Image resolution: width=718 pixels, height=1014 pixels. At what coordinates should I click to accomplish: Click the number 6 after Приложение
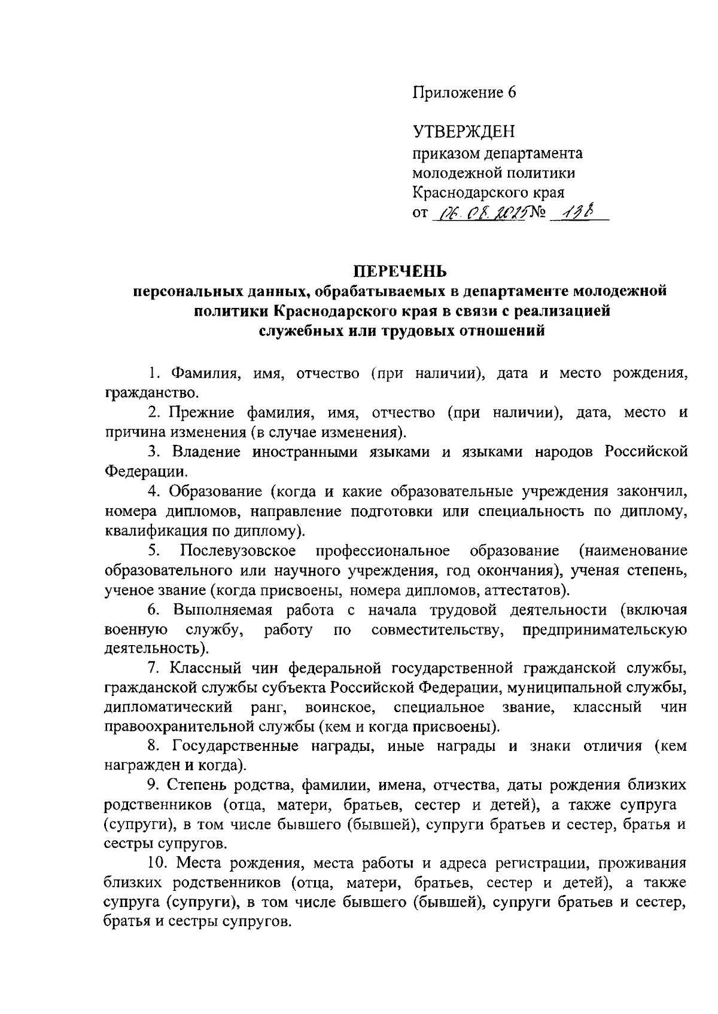coord(510,93)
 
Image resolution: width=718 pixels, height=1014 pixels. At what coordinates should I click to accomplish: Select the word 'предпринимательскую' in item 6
coord(604,630)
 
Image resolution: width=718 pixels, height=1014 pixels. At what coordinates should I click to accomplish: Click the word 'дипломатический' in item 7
coord(168,708)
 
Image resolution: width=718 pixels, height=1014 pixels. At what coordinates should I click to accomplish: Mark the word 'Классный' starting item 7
coord(206,668)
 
